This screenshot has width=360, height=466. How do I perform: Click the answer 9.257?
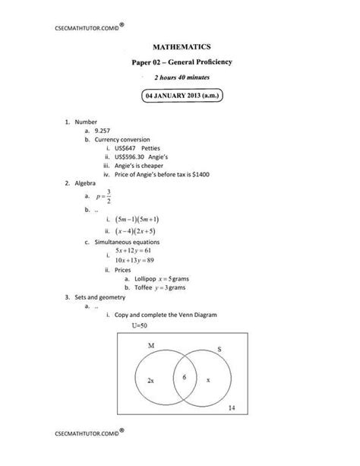click(x=103, y=131)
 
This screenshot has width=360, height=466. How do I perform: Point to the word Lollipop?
click(x=146, y=280)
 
